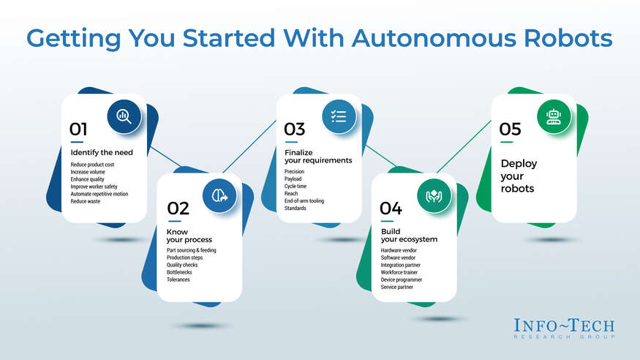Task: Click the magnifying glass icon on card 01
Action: click(x=124, y=116)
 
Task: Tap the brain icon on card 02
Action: click(x=219, y=196)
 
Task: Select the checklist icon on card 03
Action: click(x=339, y=116)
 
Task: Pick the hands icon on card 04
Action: click(x=434, y=196)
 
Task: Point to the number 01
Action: click(x=78, y=130)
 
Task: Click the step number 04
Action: click(x=391, y=209)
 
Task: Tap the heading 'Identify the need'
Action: click(x=102, y=152)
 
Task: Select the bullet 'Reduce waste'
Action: click(x=86, y=201)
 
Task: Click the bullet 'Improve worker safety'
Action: click(x=94, y=187)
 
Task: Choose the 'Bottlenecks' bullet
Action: click(x=179, y=272)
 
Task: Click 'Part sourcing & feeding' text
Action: click(x=192, y=250)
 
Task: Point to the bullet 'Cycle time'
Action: click(x=295, y=186)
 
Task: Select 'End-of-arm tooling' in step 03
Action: click(x=304, y=200)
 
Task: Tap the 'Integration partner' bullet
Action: click(x=400, y=265)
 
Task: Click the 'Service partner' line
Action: click(x=396, y=287)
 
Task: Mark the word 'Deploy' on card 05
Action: click(x=519, y=164)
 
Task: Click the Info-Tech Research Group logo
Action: click(x=564, y=328)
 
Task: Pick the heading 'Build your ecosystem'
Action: click(x=409, y=236)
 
